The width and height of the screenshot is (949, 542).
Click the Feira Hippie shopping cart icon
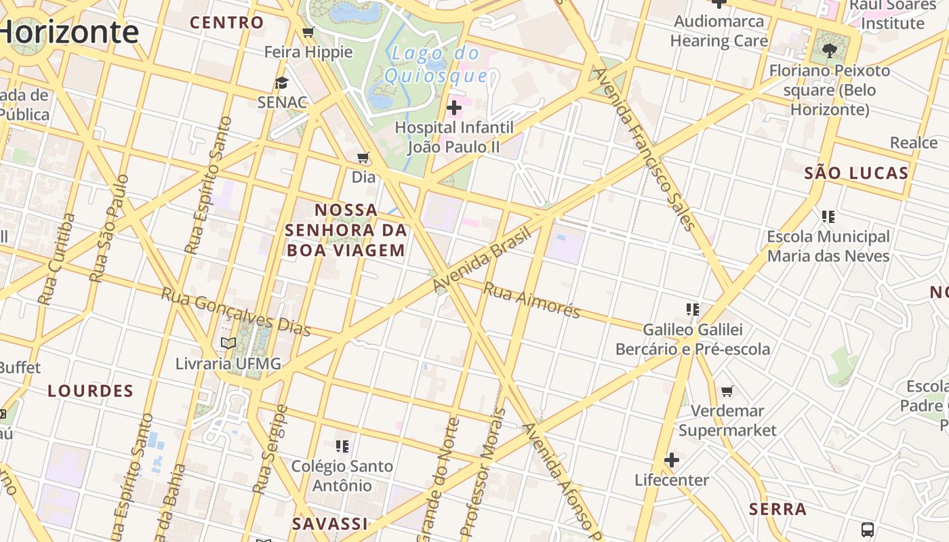point(308,33)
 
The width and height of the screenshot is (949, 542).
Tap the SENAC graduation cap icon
point(281,83)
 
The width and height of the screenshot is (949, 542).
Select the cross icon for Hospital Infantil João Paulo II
point(454,108)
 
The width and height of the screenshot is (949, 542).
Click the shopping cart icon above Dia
point(363,158)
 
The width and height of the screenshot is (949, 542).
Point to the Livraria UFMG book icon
point(228,343)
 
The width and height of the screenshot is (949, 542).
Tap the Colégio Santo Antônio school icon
point(342,446)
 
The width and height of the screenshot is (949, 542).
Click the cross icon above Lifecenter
point(672,461)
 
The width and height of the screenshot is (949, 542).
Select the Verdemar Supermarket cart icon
point(727,391)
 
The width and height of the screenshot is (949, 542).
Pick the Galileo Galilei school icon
point(692,310)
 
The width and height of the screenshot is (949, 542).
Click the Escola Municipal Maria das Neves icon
point(828,217)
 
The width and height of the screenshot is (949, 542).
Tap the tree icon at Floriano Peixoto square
point(828,50)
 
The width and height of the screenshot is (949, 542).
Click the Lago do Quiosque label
point(436,64)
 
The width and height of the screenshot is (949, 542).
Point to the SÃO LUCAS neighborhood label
point(856,173)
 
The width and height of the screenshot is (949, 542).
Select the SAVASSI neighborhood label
point(330,523)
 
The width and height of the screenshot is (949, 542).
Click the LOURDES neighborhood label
point(91,391)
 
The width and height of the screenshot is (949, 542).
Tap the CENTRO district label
point(226,22)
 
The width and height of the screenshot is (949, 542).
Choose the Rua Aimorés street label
point(532,300)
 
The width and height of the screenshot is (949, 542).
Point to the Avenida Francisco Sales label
point(645,149)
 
